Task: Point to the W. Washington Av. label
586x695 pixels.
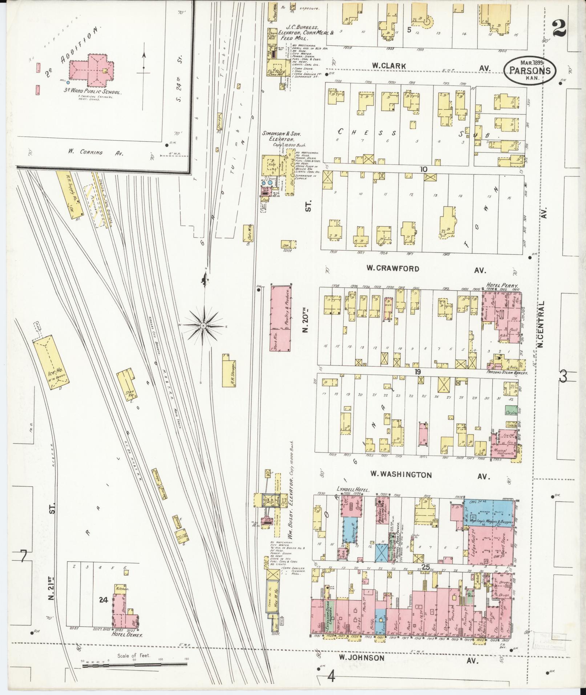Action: [401, 474]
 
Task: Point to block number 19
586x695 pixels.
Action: [418, 371]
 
